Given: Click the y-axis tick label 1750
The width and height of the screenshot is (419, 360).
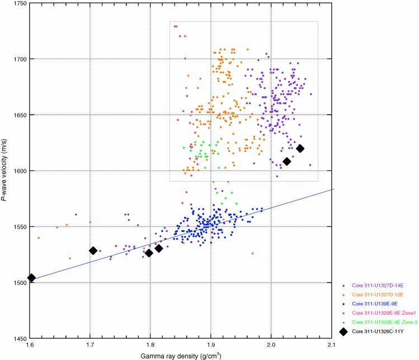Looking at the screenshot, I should pos(17,3).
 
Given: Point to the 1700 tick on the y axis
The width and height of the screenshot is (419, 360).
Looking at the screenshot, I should pos(17,59).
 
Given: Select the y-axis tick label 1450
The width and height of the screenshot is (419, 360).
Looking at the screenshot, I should pos(17,338).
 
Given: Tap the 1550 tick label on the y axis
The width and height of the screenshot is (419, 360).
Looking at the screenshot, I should pos(17,226).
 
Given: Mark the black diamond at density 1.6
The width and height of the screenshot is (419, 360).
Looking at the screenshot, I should pos(32,278).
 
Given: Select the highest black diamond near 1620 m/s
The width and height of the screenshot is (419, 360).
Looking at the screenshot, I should pos(300,148).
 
